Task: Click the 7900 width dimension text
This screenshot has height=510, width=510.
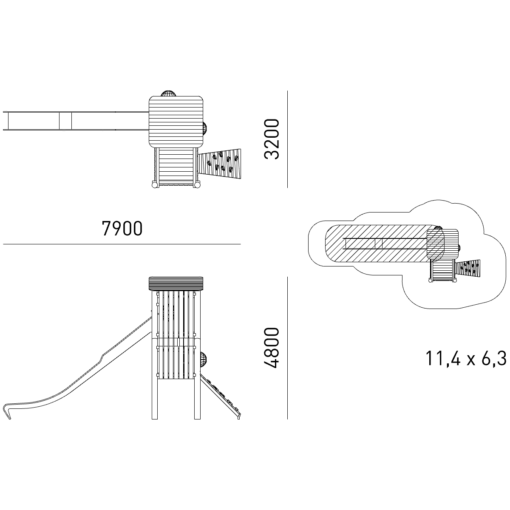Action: pyautogui.click(x=122, y=229)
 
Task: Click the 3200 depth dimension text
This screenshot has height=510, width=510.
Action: pyautogui.click(x=272, y=139)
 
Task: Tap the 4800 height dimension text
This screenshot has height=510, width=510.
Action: pyautogui.click(x=272, y=348)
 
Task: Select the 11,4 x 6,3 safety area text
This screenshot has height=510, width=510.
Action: pyautogui.click(x=465, y=359)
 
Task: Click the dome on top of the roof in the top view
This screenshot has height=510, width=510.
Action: pyautogui.click(x=168, y=93)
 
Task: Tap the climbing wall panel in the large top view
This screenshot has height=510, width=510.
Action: pyautogui.click(x=220, y=164)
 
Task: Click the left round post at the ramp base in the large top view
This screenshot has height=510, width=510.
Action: pyautogui.click(x=155, y=185)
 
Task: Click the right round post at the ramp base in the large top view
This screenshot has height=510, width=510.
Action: pyautogui.click(x=197, y=185)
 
